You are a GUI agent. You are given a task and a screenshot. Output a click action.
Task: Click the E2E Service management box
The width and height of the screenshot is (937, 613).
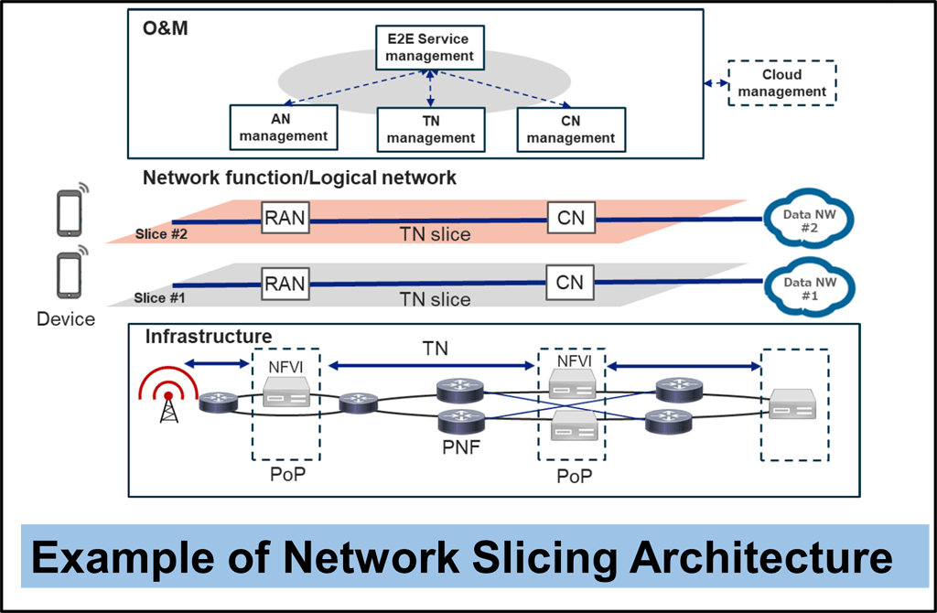click(x=429, y=48)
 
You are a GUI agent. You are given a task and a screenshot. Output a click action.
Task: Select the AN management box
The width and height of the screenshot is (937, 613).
click(x=284, y=127)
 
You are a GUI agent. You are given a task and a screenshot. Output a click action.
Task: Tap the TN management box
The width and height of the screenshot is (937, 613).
click(x=430, y=129)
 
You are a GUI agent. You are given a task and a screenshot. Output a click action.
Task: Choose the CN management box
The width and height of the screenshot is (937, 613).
click(x=571, y=129)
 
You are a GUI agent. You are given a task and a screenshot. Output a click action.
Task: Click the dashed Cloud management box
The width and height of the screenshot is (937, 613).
click(x=781, y=83)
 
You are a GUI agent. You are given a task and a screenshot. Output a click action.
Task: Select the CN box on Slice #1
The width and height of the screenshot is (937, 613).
click(x=569, y=282)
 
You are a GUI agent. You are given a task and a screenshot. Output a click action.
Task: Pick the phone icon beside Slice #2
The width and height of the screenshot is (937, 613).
click(x=70, y=210)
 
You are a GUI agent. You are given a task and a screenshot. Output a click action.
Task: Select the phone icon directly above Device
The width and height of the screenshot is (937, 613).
click(x=70, y=274)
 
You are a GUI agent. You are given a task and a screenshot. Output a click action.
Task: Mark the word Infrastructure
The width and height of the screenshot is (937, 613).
click(x=208, y=337)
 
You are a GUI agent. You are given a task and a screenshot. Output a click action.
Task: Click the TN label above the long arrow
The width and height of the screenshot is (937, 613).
click(x=436, y=349)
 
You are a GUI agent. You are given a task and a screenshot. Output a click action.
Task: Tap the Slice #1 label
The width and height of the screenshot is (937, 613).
click(x=163, y=297)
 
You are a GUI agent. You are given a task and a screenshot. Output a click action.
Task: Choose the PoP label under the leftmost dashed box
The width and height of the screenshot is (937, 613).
click(x=287, y=476)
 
